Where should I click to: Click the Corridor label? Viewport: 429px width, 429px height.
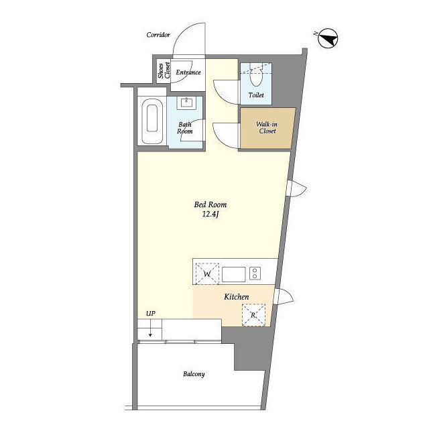click(158, 35)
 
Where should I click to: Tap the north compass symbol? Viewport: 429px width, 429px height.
click(328, 39)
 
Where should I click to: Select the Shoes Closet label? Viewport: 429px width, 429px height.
click(164, 70)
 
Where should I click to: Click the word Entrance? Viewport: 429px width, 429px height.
click(188, 72)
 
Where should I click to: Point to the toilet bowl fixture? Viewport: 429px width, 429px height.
click(256, 75)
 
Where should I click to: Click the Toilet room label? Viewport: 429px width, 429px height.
click(256, 95)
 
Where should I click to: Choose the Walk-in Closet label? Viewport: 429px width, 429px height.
click(267, 127)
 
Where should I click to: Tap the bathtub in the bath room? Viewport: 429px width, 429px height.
click(152, 121)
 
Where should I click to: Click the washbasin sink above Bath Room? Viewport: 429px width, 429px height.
click(187, 103)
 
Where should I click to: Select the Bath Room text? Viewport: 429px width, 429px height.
click(185, 128)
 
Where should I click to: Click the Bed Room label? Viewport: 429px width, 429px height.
click(210, 204)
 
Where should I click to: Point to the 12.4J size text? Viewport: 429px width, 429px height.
click(210, 214)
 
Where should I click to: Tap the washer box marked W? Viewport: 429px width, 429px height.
click(207, 274)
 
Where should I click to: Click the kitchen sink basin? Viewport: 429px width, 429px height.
click(234, 274)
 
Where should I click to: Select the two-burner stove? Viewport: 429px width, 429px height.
click(255, 273)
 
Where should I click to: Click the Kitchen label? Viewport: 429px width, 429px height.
click(237, 297)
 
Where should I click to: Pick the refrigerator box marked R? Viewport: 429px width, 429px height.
click(253, 315)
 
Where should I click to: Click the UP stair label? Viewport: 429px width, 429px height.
click(151, 314)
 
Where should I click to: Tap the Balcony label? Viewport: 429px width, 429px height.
click(194, 374)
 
